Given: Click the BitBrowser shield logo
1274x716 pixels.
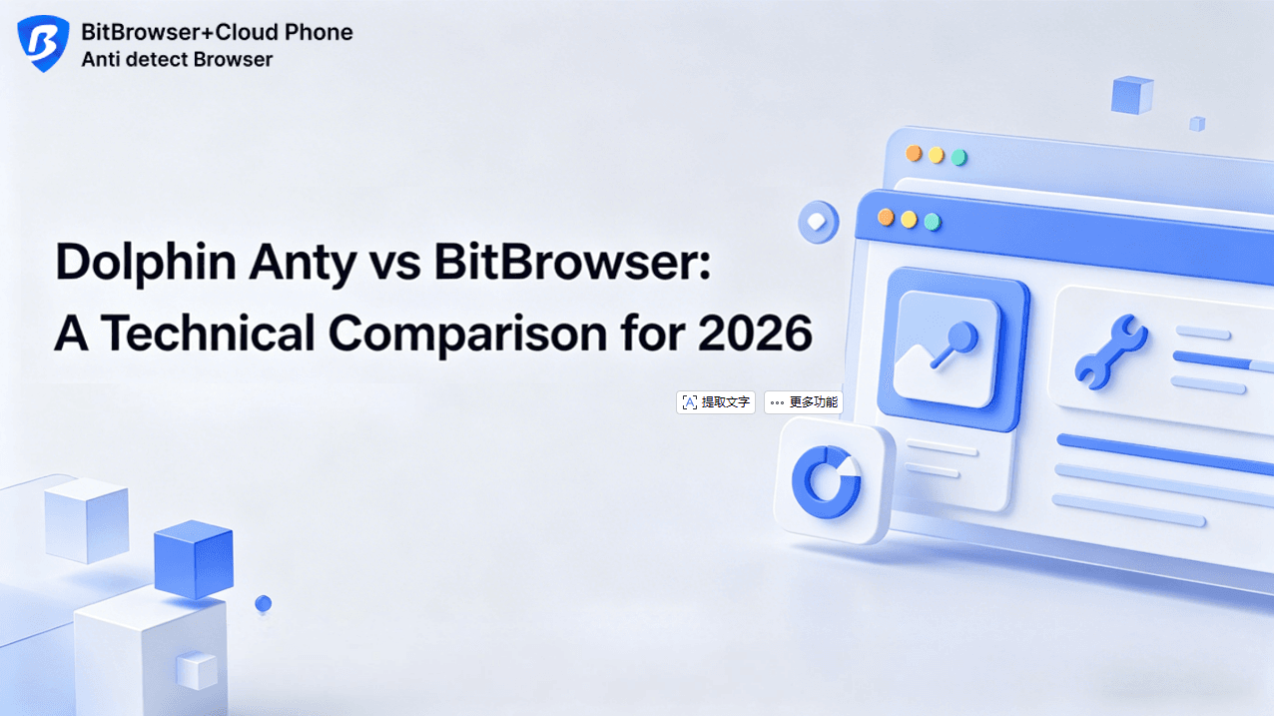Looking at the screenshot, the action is [43, 43].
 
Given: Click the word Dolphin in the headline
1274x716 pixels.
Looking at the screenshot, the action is [145, 263].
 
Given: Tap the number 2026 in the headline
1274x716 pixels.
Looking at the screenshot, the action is [755, 334].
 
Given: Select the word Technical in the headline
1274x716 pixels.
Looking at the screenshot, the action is [208, 334].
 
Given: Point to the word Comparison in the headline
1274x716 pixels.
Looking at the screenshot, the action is [467, 335].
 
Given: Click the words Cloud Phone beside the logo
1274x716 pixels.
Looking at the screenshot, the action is [284, 32].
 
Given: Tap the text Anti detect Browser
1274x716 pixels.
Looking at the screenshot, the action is [177, 59].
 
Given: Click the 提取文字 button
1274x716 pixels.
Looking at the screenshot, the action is [716, 402].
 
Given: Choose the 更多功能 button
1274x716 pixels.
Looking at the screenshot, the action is [803, 402].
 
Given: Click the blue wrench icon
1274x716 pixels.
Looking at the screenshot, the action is [1110, 353].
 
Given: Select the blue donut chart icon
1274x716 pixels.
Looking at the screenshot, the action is [826, 482].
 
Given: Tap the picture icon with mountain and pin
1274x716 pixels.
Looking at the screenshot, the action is [947, 350].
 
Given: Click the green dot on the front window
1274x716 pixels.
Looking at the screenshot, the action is [933, 222].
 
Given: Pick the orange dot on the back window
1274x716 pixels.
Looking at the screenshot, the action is [914, 153].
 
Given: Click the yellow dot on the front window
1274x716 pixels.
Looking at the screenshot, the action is [909, 220].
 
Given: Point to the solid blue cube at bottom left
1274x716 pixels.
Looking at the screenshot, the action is [194, 559].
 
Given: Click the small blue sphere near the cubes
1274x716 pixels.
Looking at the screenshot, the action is [263, 603].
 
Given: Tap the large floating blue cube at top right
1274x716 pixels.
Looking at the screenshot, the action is [1132, 95].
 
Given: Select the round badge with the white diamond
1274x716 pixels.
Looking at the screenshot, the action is [818, 222].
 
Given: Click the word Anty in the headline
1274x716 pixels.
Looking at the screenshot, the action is [303, 265].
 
